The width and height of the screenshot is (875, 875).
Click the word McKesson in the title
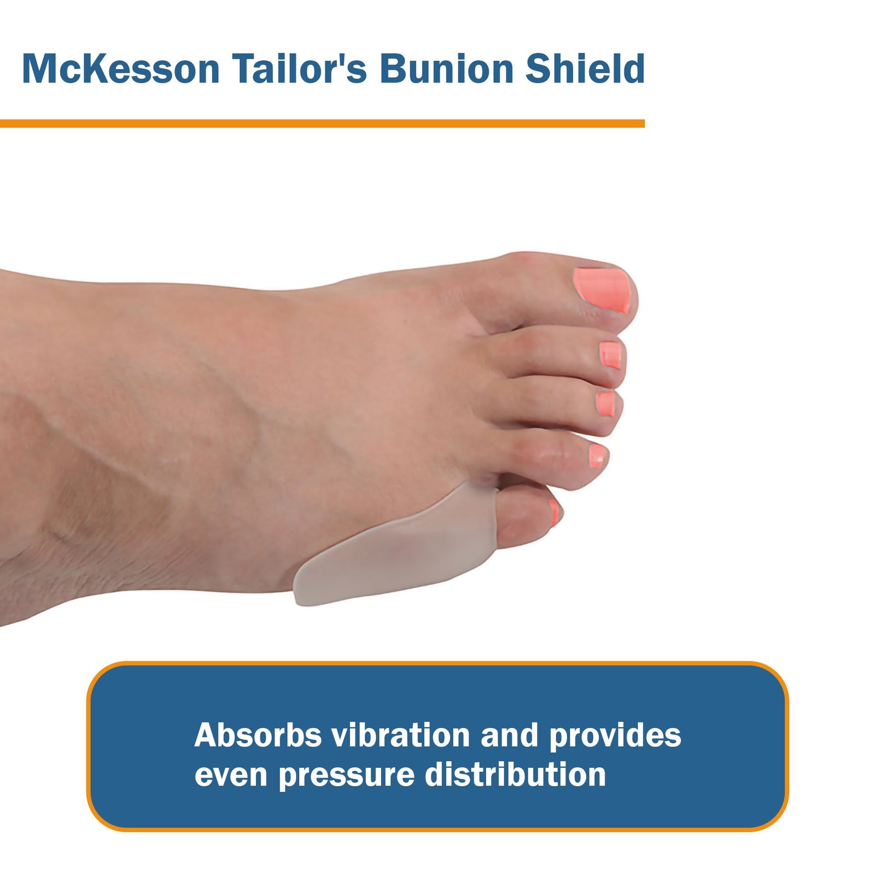tap(120, 69)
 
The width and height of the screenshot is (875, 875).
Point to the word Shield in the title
tap(585, 69)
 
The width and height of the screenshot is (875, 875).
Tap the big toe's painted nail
tap(603, 289)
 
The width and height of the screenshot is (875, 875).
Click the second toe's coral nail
tap(611, 355)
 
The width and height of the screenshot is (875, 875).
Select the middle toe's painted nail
tap(605, 404)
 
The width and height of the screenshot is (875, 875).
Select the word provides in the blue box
tap(615, 736)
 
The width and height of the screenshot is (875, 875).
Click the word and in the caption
tap(509, 735)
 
